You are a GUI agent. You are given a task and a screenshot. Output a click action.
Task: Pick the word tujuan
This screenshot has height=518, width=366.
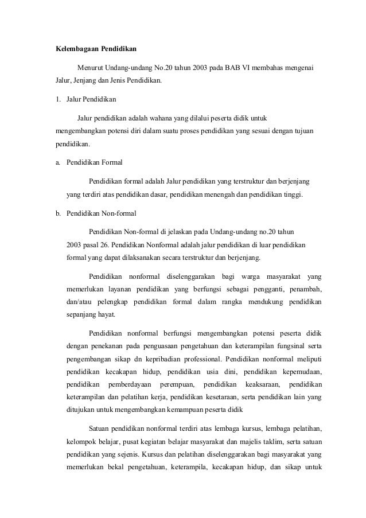(310, 130)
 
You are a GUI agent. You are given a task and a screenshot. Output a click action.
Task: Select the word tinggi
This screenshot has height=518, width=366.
(295, 194)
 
